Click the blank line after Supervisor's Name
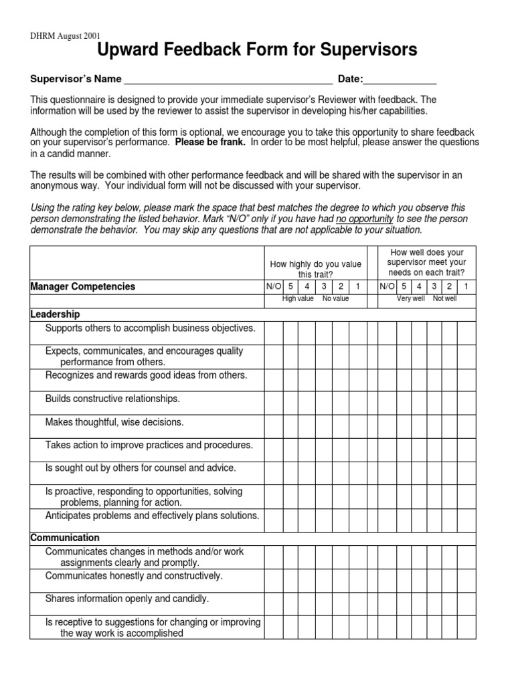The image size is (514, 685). tap(228, 80)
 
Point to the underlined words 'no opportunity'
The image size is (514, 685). tap(365, 219)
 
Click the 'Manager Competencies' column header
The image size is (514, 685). tap(83, 286)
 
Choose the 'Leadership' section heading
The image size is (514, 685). tap(56, 314)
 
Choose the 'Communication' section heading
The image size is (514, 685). tap(65, 538)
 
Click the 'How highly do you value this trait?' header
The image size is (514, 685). tap(315, 270)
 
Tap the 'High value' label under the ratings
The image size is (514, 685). tap(298, 298)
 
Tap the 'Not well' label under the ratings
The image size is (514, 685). tap(444, 298)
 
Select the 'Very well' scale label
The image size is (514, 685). tap(410, 298)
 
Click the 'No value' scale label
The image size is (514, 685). tap(335, 298)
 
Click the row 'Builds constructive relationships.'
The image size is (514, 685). tap(112, 399)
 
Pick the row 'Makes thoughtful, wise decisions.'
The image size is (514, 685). tap(114, 422)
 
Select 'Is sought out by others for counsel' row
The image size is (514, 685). tap(141, 468)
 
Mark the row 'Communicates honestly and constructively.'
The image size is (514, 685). tap(134, 575)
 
